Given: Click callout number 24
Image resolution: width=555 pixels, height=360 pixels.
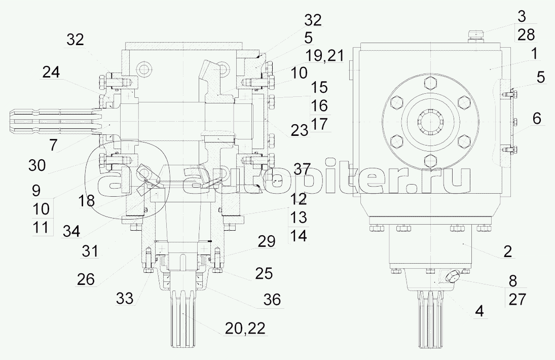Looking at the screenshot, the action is click(x=51, y=73).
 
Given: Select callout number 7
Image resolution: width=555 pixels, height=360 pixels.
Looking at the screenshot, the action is click(x=53, y=145).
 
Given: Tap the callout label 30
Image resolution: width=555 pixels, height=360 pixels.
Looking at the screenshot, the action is click(x=37, y=165).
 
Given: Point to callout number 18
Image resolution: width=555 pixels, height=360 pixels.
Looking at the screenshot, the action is click(x=86, y=201).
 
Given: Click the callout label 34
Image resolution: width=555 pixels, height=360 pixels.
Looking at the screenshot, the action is click(x=71, y=231).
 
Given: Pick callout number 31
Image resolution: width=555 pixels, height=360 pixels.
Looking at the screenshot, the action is click(x=90, y=251).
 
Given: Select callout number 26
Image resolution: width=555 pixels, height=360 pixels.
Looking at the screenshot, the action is click(x=86, y=279).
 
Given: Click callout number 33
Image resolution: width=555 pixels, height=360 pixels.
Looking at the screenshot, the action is click(x=125, y=298).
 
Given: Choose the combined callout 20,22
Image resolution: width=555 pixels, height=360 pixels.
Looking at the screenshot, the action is click(x=245, y=329).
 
